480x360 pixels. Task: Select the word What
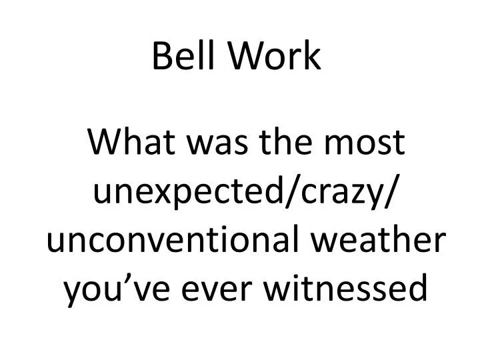(x=125, y=144)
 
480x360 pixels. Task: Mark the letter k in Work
(x=313, y=57)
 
